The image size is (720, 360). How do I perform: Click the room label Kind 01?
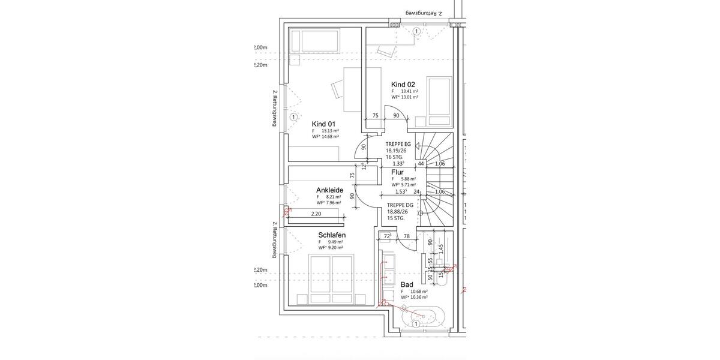(323, 124)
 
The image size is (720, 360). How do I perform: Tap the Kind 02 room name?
(403, 85)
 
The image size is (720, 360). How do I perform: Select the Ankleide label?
(329, 190)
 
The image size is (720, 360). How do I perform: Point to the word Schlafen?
(332, 235)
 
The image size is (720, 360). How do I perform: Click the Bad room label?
(407, 284)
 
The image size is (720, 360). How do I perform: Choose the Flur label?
(397, 172)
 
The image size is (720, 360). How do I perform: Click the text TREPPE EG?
(398, 145)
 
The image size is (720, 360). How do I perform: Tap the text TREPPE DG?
(399, 205)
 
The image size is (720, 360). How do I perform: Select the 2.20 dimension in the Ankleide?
(316, 214)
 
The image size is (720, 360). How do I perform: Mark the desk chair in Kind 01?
(335, 90)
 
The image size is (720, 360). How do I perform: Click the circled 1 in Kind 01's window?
(293, 117)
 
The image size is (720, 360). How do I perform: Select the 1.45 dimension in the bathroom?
(440, 248)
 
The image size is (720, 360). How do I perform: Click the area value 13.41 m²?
(408, 91)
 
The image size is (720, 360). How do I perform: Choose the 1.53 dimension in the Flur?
(401, 192)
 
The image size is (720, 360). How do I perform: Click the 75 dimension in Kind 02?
(375, 116)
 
